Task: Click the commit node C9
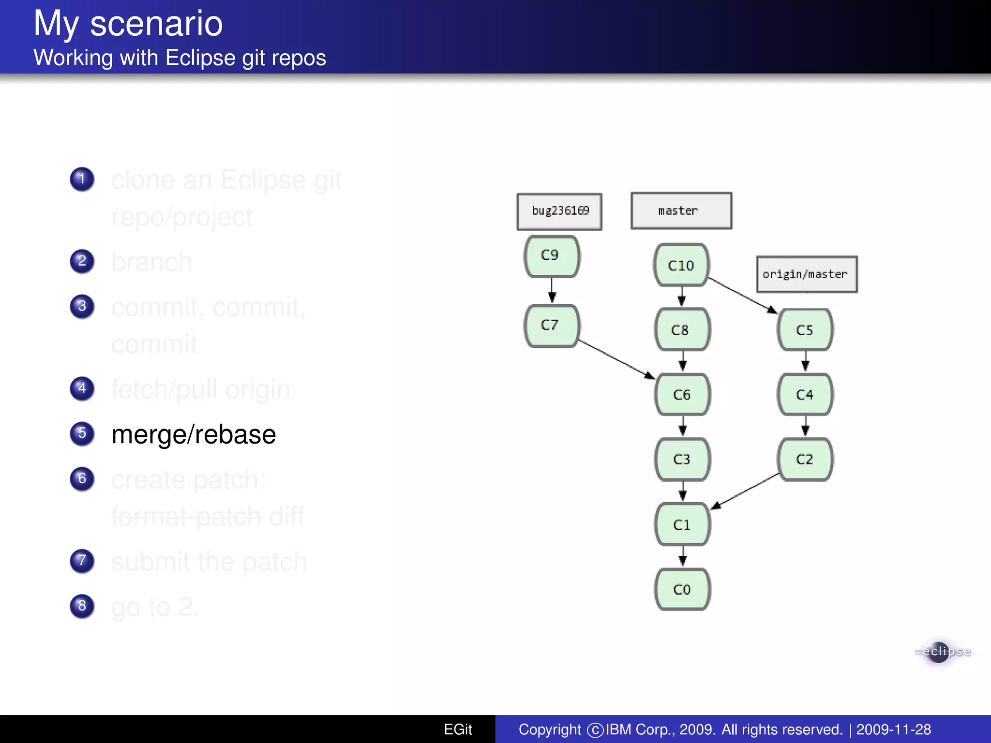[552, 256]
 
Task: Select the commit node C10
[681, 265]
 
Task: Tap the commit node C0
[682, 589]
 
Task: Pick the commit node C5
[805, 330]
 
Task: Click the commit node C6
[682, 394]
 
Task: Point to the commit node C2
[805, 459]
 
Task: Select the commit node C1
[682, 524]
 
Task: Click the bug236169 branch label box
[559, 211]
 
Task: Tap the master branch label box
[681, 211]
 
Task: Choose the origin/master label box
[807, 274]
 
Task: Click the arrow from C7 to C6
[616, 359]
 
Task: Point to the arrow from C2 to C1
[745, 491]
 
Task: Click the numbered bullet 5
[82, 433]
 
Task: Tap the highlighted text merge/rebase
[194, 434]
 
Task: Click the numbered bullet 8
[82, 606]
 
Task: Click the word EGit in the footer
[458, 729]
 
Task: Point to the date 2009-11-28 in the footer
[893, 729]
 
